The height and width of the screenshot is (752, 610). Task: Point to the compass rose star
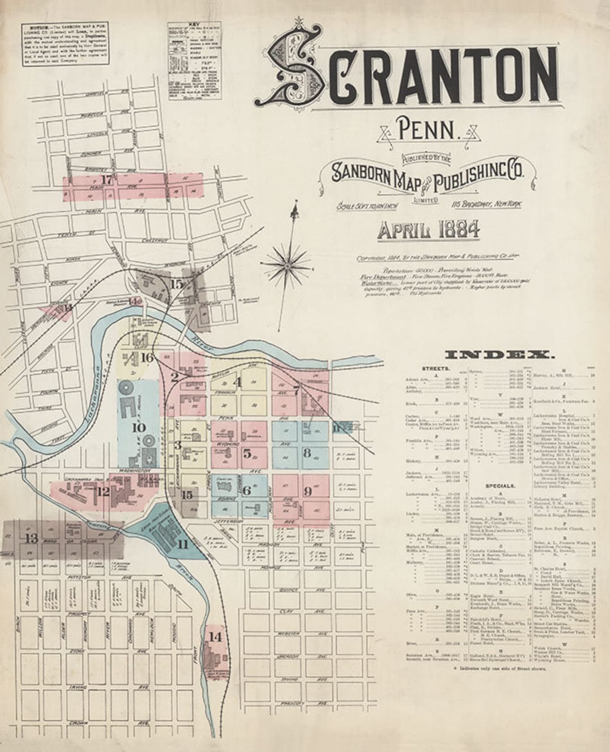click(x=290, y=263)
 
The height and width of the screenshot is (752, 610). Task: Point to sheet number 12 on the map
click(x=103, y=491)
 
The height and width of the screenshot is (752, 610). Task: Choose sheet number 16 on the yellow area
click(x=146, y=357)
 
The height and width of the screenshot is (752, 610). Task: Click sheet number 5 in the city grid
click(x=247, y=452)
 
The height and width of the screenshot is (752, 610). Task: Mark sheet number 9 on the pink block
click(x=307, y=491)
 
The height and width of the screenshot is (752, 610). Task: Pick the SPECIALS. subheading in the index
click(x=499, y=485)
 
